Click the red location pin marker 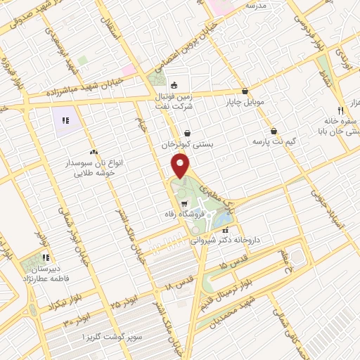pyautogui.click(x=181, y=166)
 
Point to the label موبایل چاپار pyautogui.click(x=245, y=102)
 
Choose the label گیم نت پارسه pyautogui.click(x=274, y=141)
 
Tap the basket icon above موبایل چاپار pyautogui.click(x=245, y=91)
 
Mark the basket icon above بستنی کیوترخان pyautogui.click(x=187, y=133)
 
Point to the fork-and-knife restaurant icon pyautogui.click(x=340, y=110)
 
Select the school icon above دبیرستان pyautogui.click(x=46, y=257)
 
